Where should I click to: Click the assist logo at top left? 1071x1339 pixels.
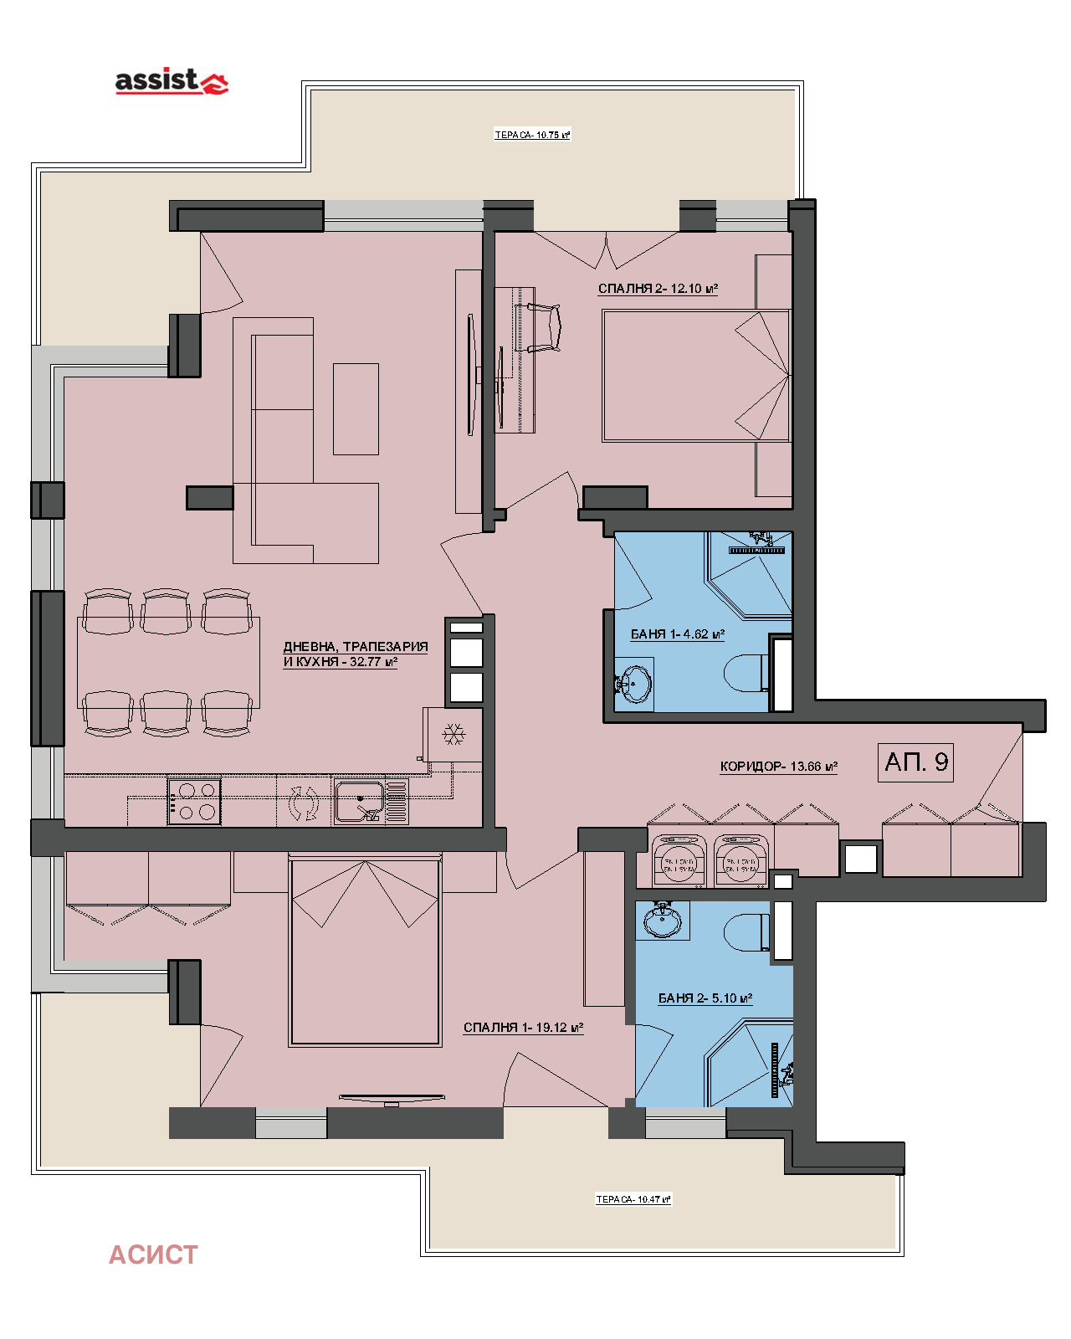pyautogui.click(x=171, y=81)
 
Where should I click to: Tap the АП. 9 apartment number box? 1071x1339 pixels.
pyautogui.click(x=915, y=762)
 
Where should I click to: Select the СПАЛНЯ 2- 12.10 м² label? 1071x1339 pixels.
pyautogui.click(x=658, y=289)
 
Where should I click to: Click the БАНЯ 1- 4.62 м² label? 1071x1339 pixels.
pyautogui.click(x=677, y=634)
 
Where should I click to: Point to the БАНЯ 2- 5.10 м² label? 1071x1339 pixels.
pyautogui.click(x=705, y=998)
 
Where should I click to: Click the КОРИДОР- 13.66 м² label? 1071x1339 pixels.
pyautogui.click(x=778, y=767)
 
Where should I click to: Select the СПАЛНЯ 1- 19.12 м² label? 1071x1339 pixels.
pyautogui.click(x=523, y=1028)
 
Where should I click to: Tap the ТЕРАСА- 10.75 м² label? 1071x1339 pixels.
pyautogui.click(x=532, y=135)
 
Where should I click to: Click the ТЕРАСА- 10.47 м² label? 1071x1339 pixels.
pyautogui.click(x=633, y=1199)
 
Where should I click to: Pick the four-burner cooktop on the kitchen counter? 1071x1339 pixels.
pyautogui.click(x=194, y=802)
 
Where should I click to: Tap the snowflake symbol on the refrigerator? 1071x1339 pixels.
pyautogui.click(x=454, y=735)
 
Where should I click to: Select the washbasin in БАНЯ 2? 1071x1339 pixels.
pyautogui.click(x=662, y=921)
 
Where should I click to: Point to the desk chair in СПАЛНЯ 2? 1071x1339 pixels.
pyautogui.click(x=539, y=328)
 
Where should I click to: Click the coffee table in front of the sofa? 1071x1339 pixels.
pyautogui.click(x=356, y=408)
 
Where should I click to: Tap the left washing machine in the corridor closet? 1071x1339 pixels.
pyautogui.click(x=679, y=862)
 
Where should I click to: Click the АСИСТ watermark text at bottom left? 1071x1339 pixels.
pyautogui.click(x=153, y=1254)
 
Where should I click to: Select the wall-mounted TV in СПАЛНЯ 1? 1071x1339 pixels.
pyautogui.click(x=392, y=1098)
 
